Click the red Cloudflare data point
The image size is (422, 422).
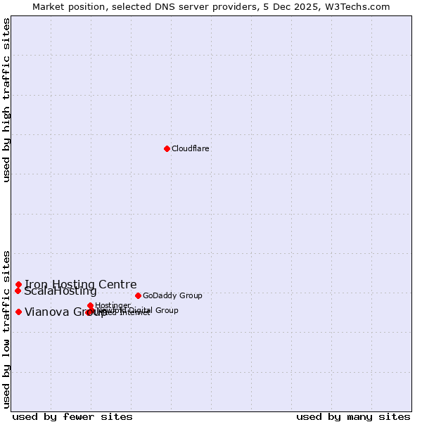pos(167,148)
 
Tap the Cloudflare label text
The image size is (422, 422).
pos(191,148)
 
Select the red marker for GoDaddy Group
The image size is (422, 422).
pos(138,295)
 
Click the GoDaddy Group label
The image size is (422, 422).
pos(172,295)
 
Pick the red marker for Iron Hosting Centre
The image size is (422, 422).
pos(18,284)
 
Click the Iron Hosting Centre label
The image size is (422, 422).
pos(81,284)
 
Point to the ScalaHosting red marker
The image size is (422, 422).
pos(18,290)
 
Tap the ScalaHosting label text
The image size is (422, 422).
pos(60,291)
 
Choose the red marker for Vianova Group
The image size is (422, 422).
pos(18,312)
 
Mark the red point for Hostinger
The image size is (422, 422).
pos(91,305)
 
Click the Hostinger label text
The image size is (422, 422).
pos(113,305)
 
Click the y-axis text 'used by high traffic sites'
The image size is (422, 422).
pos(6,100)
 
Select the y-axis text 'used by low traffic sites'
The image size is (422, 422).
pos(6,328)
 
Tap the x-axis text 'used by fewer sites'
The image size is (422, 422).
pos(72,416)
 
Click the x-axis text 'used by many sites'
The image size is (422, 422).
pos(353,416)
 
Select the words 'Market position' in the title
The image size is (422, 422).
pos(67,6)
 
